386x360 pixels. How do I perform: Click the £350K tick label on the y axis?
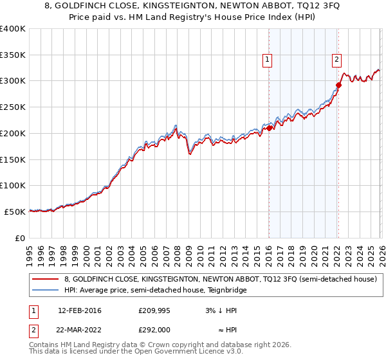(x=13, y=55)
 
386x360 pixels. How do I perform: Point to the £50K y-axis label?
(x=15, y=212)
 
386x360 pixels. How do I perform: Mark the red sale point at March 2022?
(x=338, y=85)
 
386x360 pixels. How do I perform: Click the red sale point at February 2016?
(x=269, y=128)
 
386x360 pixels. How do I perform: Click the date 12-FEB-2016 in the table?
(x=79, y=310)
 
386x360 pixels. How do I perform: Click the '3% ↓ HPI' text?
(x=221, y=310)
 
